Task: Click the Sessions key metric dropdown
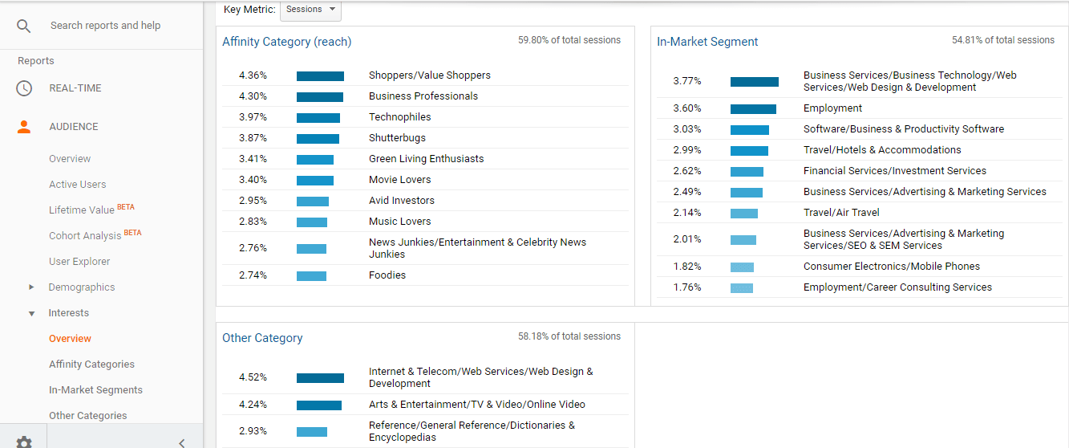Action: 310,10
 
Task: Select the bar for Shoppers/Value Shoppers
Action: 320,75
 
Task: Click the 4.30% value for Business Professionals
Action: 253,96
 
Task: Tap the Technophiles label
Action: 399,117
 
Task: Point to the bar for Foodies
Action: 311,275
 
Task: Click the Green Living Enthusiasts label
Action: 426,159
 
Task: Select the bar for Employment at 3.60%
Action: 753,108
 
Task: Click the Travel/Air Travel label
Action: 841,213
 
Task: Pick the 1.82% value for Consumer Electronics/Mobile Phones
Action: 686,267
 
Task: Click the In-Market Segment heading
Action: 707,42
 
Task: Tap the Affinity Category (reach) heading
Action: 286,42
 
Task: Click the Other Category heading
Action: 262,338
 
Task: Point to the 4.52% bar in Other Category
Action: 320,377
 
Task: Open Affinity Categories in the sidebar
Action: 91,365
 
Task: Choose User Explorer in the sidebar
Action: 79,262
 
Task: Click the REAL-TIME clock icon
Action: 24,88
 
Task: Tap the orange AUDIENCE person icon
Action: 24,127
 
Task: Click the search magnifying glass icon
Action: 24,26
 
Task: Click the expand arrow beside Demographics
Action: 31,287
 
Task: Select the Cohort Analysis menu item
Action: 85,236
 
